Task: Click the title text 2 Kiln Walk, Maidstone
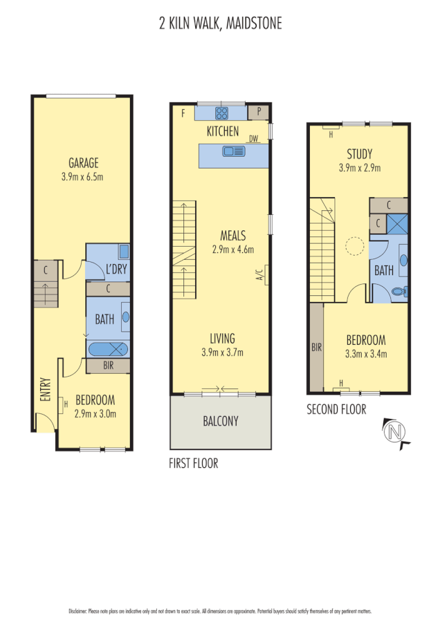220,24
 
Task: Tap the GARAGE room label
83,163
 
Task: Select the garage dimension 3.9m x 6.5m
83,176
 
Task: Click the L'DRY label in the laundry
114,270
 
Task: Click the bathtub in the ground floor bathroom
108,349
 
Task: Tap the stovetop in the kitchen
222,113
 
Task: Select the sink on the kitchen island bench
229,151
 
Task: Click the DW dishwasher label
254,139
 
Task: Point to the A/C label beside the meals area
260,276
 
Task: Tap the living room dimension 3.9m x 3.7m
223,352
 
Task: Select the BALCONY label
221,420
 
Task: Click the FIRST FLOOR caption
194,464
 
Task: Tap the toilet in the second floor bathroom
398,292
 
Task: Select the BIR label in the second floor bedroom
316,348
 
